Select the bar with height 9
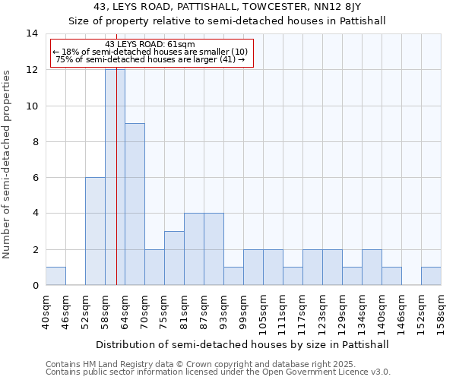[x=135, y=204]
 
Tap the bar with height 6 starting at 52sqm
[x=95, y=231]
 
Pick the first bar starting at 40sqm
[x=55, y=277]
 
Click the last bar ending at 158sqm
[x=431, y=277]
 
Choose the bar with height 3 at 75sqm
[x=174, y=258]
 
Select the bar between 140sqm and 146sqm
[x=391, y=277]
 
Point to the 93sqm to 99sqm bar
[x=233, y=277]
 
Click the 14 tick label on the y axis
[x=32, y=33]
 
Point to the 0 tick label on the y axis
[x=35, y=286]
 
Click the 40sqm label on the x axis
[x=46, y=312]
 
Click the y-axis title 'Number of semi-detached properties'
[x=8, y=164]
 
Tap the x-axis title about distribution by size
[x=243, y=344]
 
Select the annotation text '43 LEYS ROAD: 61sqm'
[x=150, y=44]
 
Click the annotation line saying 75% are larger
[x=150, y=59]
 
